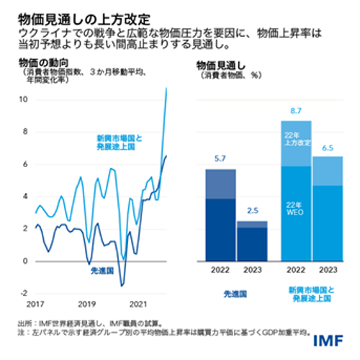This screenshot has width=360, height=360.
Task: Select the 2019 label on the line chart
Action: tap(86, 305)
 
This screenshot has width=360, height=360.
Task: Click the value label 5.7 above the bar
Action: tap(220, 160)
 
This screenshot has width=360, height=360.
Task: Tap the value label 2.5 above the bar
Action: tap(252, 211)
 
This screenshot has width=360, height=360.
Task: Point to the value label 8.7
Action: tap(295, 112)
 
